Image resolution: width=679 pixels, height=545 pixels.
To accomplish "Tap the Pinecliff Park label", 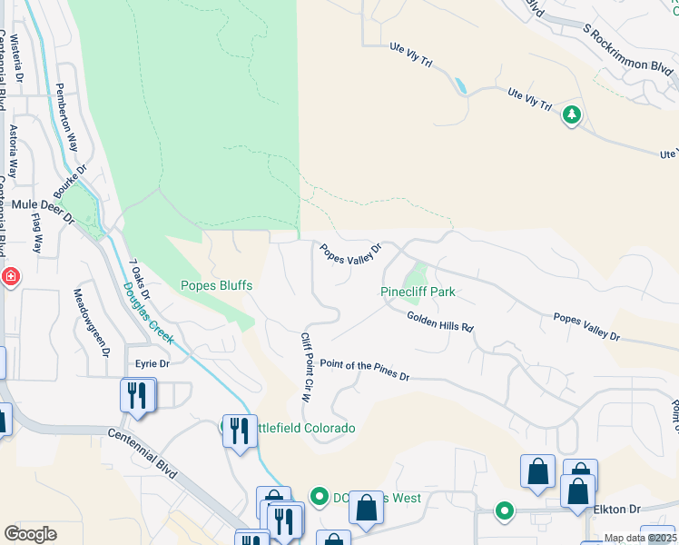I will click(417, 292).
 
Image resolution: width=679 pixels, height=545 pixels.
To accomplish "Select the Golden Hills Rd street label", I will click(440, 321).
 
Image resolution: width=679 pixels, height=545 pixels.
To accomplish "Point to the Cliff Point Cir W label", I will click(307, 367).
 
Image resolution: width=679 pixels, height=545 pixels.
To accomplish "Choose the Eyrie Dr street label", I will click(152, 362).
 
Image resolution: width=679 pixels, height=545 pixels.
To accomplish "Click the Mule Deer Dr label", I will click(42, 206).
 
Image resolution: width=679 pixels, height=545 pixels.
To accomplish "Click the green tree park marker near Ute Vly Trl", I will click(572, 114).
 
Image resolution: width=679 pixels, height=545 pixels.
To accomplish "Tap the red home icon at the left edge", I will click(10, 276).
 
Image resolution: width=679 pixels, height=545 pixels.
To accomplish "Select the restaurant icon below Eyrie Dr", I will click(138, 396).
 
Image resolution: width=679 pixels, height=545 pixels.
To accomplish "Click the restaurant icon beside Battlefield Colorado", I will click(239, 429).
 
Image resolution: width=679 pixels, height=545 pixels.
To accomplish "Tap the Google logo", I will click(30, 533).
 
